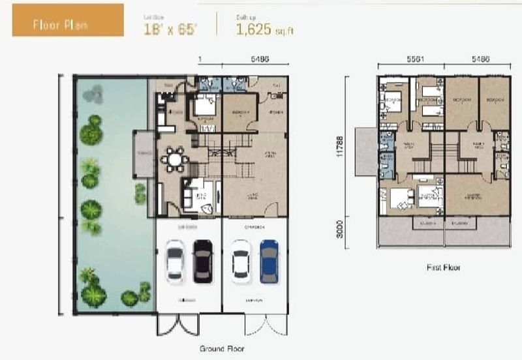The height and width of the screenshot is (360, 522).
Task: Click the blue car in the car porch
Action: click(x=269, y=261)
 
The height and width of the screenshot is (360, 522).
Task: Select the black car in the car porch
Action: click(x=203, y=261)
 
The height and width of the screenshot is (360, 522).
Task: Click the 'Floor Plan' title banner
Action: click(x=67, y=24)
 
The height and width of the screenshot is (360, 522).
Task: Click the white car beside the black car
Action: click(x=175, y=261)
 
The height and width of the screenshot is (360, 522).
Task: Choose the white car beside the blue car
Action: click(x=241, y=261)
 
